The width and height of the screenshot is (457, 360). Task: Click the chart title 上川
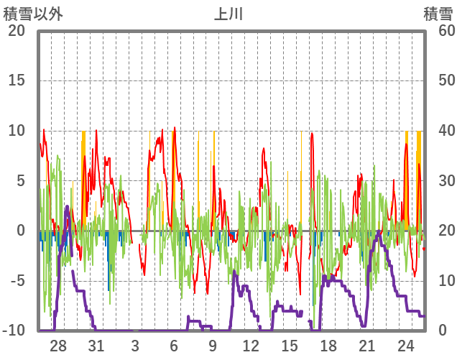pyautogui.click(x=228, y=14)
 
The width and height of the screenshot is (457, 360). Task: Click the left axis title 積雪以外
pyautogui.click(x=33, y=14)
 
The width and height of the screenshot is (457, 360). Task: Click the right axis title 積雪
pyautogui.click(x=438, y=14)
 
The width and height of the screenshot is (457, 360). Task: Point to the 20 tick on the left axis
pyautogui.click(x=17, y=31)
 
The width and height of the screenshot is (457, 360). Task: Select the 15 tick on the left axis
pyautogui.click(x=17, y=80)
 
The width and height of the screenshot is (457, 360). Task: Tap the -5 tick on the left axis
pyautogui.click(x=17, y=280)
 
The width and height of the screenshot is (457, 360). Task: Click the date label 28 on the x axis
pyautogui.click(x=58, y=345)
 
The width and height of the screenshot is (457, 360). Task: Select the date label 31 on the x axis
pyautogui.click(x=96, y=345)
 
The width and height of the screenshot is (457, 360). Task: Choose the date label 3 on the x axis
pyautogui.click(x=135, y=345)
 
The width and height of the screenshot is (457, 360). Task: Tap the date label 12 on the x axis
pyautogui.click(x=251, y=345)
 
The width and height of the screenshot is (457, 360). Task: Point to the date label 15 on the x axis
pyautogui.click(x=290, y=345)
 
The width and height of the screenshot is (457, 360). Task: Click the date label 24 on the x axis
pyautogui.click(x=405, y=345)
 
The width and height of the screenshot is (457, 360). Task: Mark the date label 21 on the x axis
pyautogui.click(x=366, y=345)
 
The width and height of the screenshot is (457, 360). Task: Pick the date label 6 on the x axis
pyautogui.click(x=174, y=345)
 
